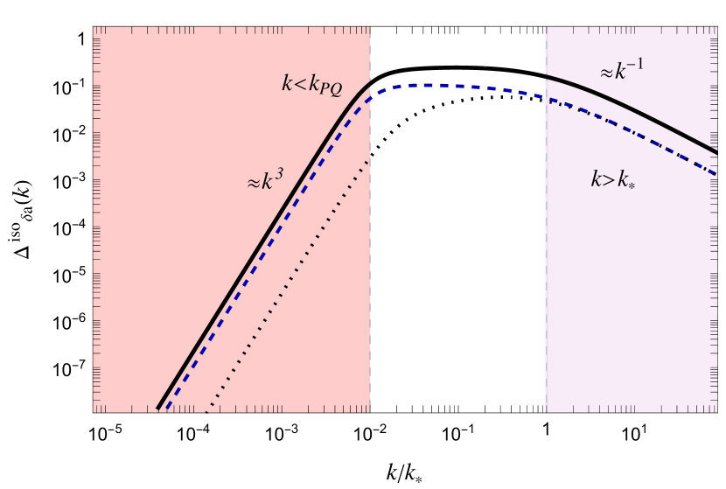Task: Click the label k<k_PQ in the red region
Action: [311, 85]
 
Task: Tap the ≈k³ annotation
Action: [265, 180]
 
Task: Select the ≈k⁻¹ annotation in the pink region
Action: [621, 71]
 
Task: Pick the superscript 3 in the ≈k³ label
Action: [279, 174]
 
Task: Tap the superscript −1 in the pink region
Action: [636, 64]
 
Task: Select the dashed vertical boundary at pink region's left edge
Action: [546, 262]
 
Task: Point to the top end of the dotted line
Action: [368, 161]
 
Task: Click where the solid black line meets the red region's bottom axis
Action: [157, 409]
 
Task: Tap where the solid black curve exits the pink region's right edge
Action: [716, 153]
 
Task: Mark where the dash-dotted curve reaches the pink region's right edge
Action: [716, 175]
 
